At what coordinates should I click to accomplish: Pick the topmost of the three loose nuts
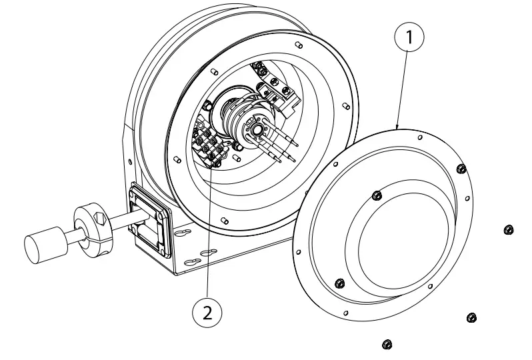[509, 230]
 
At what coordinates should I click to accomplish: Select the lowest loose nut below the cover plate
[386, 344]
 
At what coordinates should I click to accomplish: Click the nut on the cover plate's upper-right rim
[460, 168]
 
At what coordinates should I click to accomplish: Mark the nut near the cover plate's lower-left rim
[337, 283]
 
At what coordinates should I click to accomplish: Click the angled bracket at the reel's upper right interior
[283, 93]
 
